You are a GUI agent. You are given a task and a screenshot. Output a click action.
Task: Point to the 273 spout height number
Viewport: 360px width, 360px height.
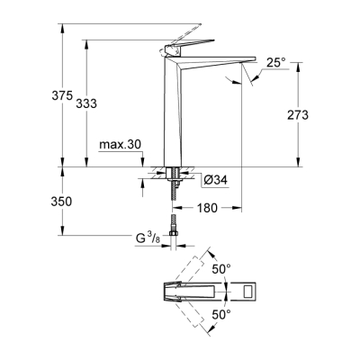tap(297, 115)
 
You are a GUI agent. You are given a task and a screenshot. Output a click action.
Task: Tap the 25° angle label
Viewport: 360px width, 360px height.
tap(275, 62)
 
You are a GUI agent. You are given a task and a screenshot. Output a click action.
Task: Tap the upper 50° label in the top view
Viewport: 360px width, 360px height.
tap(220, 268)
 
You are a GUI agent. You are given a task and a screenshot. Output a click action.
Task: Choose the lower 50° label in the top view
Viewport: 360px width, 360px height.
tap(220, 315)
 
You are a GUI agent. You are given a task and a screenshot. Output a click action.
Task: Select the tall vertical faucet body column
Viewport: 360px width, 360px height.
tap(175, 117)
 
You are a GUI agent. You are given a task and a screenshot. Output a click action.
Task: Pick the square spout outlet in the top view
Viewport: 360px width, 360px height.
tap(246, 292)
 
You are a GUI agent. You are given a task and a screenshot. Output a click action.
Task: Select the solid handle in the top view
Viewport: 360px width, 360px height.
tap(189, 292)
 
